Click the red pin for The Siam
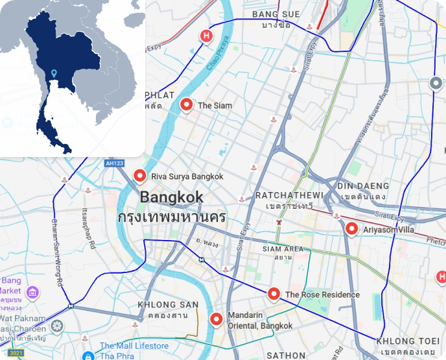(187, 104)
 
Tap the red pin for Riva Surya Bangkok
(139, 175)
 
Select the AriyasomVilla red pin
(351, 228)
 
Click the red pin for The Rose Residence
(274, 294)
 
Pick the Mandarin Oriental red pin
(216, 318)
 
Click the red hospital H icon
(207, 36)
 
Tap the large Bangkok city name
(172, 197)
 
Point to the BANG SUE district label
(276, 14)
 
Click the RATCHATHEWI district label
(289, 195)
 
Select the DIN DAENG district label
(362, 187)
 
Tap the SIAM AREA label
(283, 249)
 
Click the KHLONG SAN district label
(168, 305)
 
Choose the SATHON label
(286, 355)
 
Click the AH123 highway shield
(114, 163)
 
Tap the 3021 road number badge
(16, 353)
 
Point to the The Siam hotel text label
(215, 106)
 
